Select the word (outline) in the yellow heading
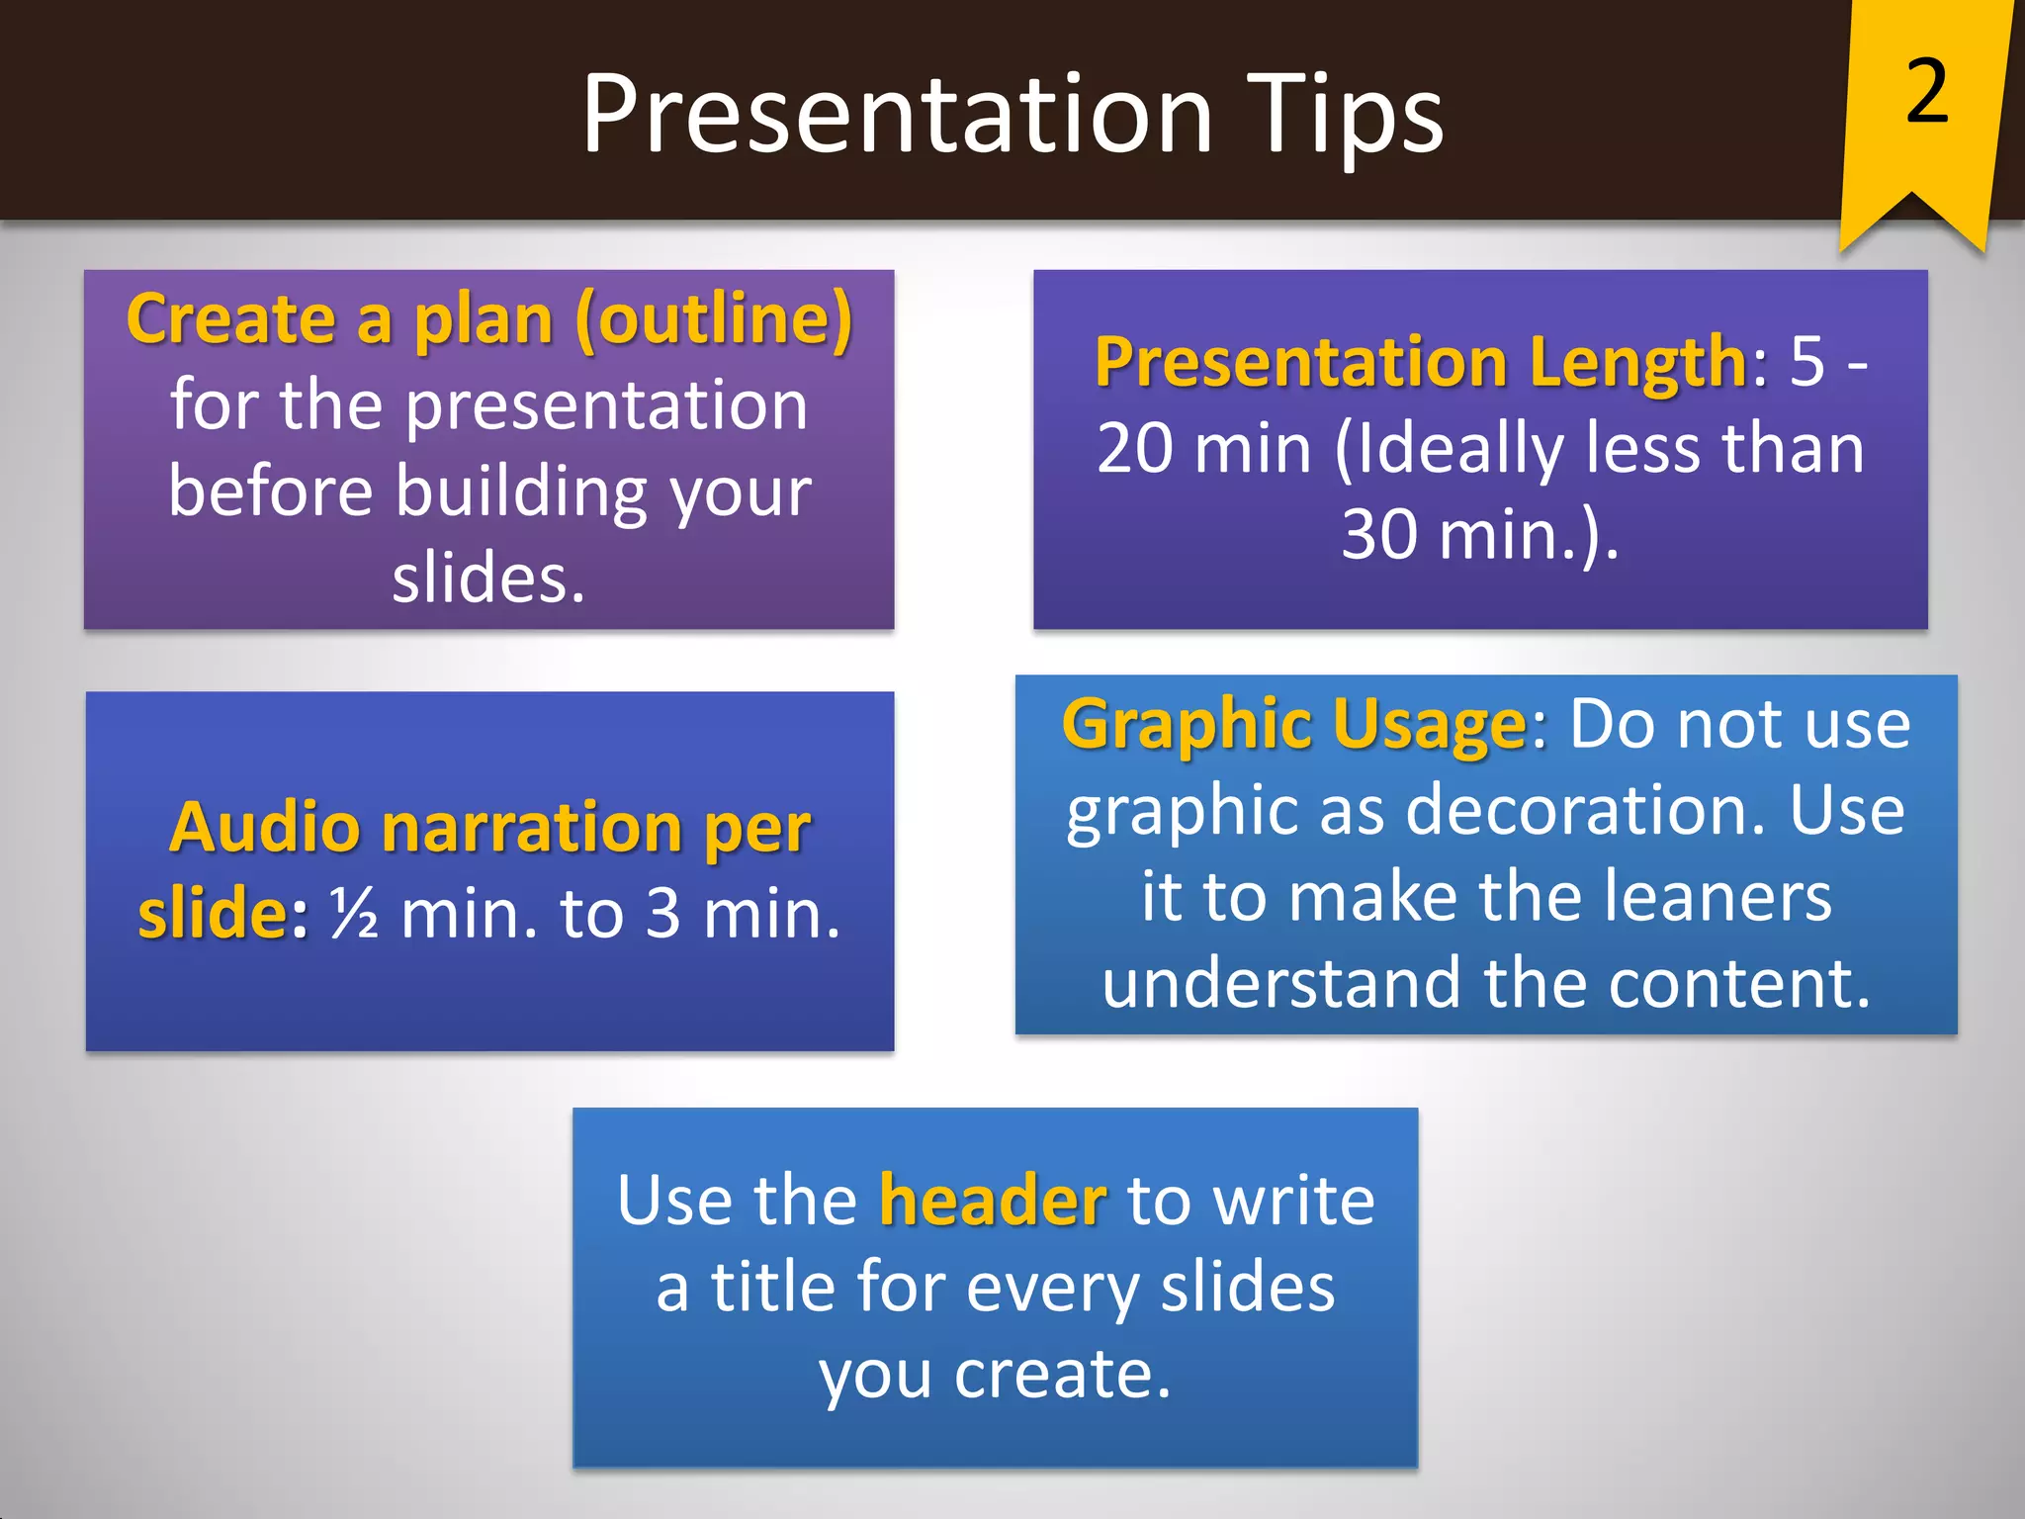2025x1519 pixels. click(713, 321)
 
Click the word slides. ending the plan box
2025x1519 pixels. click(488, 579)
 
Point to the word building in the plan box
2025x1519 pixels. click(520, 491)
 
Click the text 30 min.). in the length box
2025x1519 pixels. click(1479, 536)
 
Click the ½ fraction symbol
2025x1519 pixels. click(354, 914)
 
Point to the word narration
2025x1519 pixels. click(531, 827)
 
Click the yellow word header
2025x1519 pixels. click(992, 1201)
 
